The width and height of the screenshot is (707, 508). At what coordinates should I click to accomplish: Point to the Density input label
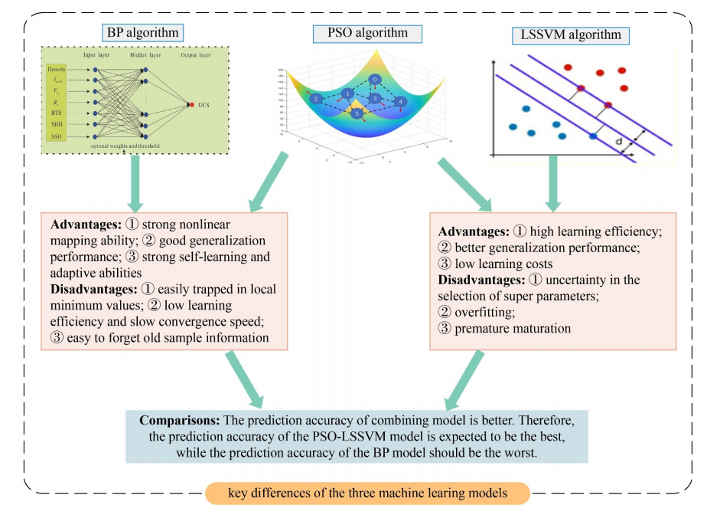[x=56, y=70]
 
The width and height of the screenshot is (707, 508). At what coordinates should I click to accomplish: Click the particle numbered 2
[x=314, y=99]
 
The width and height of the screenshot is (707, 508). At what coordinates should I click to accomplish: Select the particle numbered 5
[x=357, y=113]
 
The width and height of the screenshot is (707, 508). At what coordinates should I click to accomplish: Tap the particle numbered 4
[x=402, y=101]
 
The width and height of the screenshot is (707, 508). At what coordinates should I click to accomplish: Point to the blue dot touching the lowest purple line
[x=593, y=136]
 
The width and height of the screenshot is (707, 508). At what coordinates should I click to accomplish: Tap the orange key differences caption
[x=367, y=493]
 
